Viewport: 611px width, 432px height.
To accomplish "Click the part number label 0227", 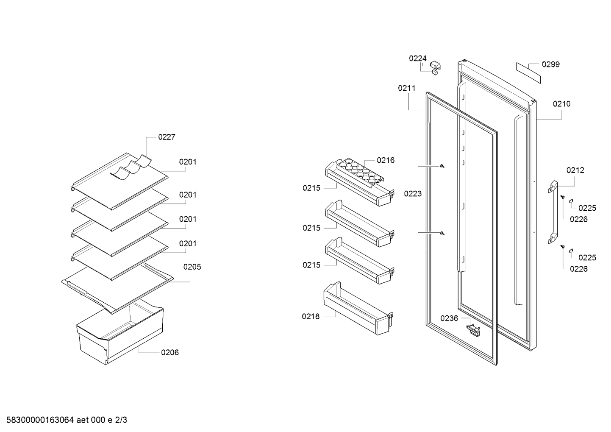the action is point(167,137).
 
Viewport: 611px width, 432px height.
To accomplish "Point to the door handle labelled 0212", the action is point(553,212).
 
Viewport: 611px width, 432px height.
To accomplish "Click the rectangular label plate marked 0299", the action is point(528,73).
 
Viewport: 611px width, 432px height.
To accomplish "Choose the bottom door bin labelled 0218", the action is point(358,309).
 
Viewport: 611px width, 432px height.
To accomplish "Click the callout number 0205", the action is point(192,267).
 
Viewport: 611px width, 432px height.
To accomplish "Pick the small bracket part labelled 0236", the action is point(473,330).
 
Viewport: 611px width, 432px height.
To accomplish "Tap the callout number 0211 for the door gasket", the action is point(407,88).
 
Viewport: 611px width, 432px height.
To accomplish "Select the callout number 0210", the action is point(561,104).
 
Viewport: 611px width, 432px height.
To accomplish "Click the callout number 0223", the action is point(413,194).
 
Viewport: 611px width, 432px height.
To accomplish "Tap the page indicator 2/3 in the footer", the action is point(121,420).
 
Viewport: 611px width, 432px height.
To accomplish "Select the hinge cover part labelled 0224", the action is point(435,68).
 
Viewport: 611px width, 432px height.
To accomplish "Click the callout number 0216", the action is point(386,160).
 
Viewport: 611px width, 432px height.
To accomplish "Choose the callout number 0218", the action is point(311,317).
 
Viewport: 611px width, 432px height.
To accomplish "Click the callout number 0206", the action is point(170,353).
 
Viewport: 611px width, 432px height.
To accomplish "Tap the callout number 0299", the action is point(551,64).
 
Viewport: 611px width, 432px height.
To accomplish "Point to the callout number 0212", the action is point(575,170).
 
